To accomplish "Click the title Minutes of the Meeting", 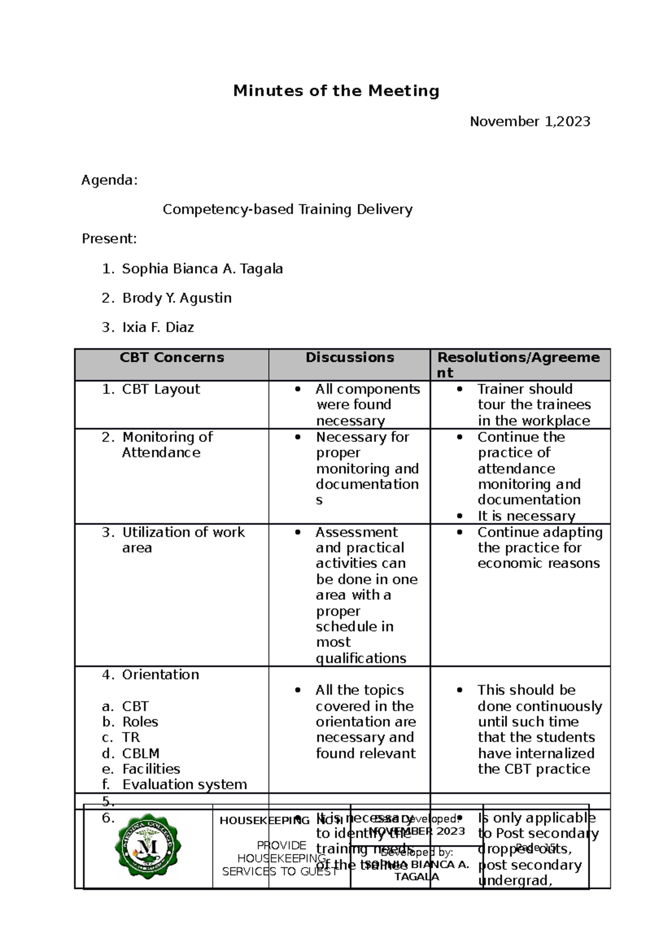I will click(x=336, y=91).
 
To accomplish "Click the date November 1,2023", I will click(x=530, y=122).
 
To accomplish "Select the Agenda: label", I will click(x=109, y=180).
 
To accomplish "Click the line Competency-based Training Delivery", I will click(x=287, y=209).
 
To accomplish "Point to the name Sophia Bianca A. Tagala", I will click(x=202, y=269).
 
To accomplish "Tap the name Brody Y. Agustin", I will click(x=176, y=298).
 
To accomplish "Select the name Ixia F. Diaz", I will click(x=158, y=327).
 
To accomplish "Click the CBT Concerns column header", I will click(x=171, y=357).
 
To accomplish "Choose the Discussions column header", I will click(x=349, y=357).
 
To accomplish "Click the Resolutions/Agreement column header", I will click(x=518, y=364).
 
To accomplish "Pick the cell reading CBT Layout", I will click(x=161, y=389).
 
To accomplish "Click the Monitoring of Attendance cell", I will click(x=167, y=445).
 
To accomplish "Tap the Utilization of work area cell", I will click(x=183, y=539).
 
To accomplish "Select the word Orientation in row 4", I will click(x=160, y=674).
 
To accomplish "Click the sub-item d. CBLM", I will click(x=140, y=753).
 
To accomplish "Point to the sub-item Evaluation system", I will click(x=184, y=785).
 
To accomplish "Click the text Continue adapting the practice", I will click(x=539, y=540).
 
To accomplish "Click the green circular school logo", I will click(x=148, y=846).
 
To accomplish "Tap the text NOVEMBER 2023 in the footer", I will click(x=418, y=831).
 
